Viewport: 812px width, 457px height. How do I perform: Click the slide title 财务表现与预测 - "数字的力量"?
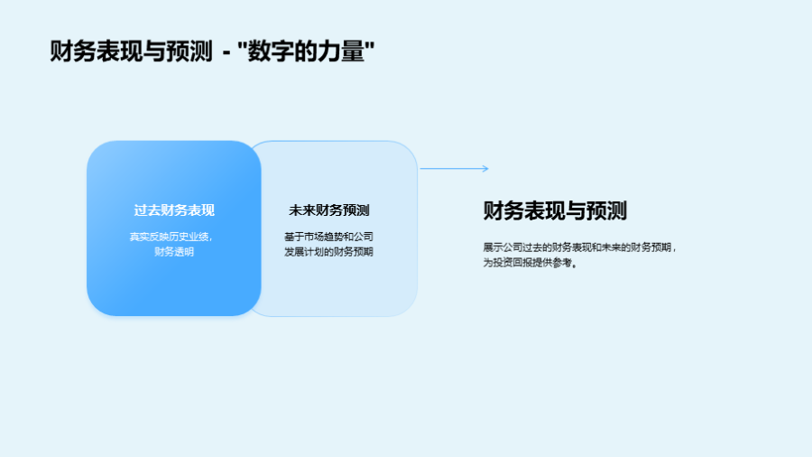pos(212,51)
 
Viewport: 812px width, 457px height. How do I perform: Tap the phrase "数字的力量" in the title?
pos(306,51)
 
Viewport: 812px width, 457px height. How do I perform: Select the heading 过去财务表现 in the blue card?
pos(174,210)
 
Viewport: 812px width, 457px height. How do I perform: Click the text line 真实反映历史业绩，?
pos(171,237)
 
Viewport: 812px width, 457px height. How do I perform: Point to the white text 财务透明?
pos(174,252)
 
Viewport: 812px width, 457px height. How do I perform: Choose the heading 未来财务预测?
pos(328,210)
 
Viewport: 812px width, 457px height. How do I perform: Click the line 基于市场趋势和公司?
pos(328,237)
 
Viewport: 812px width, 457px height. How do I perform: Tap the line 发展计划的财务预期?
pos(328,252)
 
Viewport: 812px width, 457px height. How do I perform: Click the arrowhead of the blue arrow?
pos(486,168)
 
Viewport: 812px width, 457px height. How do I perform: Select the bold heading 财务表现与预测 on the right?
pos(555,210)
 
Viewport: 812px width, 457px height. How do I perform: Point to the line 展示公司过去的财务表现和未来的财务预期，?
pos(580,247)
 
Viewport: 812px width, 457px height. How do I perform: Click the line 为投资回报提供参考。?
pos(531,263)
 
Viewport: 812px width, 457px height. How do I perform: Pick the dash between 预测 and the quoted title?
pos(226,52)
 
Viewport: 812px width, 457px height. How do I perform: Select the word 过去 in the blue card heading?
pos(147,210)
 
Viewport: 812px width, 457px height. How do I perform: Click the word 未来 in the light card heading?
pos(302,210)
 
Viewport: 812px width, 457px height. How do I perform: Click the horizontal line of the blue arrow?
pos(454,168)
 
